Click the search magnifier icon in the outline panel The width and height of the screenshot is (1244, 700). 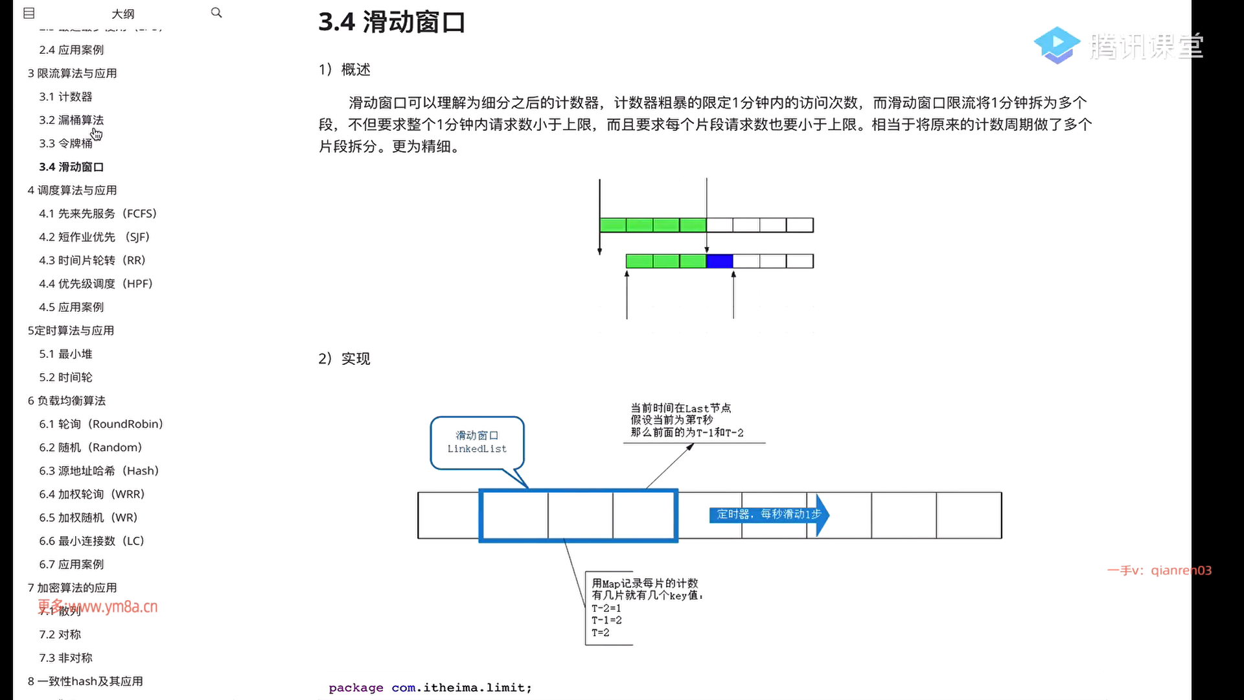click(x=216, y=13)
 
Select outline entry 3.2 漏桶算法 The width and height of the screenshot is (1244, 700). click(x=71, y=120)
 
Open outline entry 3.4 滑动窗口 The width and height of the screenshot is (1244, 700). click(x=71, y=167)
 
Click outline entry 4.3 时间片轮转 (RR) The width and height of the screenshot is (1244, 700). click(x=92, y=260)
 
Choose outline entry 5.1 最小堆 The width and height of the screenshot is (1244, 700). click(x=65, y=354)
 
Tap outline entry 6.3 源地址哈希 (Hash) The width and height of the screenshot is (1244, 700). click(x=98, y=471)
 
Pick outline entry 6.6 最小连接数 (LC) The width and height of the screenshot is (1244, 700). click(x=91, y=541)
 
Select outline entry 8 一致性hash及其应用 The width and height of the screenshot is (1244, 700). click(x=85, y=681)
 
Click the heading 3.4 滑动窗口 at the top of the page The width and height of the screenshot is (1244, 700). click(x=391, y=22)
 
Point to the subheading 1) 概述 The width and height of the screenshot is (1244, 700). click(x=344, y=70)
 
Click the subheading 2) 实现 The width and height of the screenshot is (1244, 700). click(x=344, y=358)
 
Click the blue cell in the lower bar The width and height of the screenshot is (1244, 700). click(x=719, y=261)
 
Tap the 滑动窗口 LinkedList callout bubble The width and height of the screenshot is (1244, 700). click(x=477, y=442)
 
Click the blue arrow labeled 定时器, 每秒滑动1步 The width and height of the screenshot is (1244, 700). click(x=768, y=515)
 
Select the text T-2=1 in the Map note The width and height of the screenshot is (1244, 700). click(x=606, y=608)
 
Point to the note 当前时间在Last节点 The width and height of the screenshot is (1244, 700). click(x=680, y=408)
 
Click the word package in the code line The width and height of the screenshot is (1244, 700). click(x=356, y=688)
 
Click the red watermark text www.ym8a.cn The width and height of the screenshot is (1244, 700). click(x=117, y=607)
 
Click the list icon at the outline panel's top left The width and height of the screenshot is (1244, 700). click(x=29, y=13)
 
